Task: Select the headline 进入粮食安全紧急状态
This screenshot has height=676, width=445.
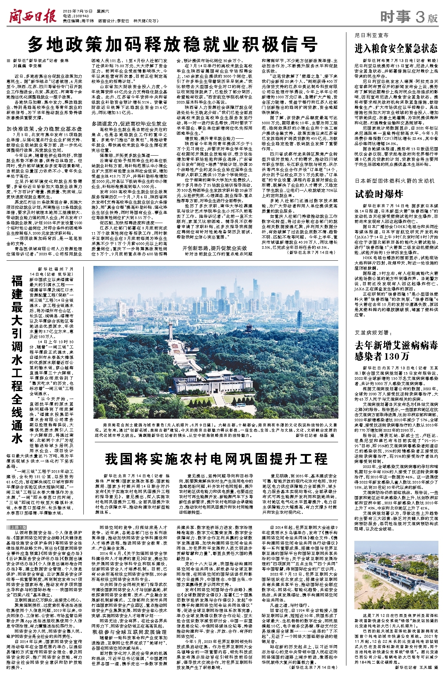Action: coord(396,48)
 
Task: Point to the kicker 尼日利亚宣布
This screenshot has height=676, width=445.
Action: coord(372,36)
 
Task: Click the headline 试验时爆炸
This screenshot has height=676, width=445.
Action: coord(379,194)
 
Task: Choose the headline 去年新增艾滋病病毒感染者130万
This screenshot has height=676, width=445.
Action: coord(396,351)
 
